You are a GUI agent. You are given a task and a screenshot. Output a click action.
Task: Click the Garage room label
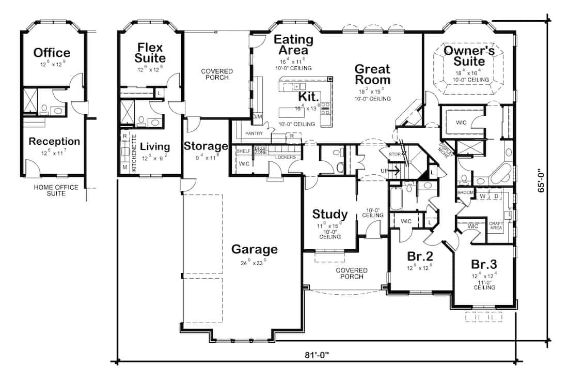coord(254,249)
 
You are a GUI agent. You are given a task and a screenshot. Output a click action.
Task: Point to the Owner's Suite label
coord(469,56)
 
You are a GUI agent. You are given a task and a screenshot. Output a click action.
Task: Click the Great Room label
coord(372,74)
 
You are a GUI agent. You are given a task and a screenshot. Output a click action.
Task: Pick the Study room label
coord(330,215)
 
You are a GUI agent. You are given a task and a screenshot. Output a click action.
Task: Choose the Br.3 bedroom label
coord(483,264)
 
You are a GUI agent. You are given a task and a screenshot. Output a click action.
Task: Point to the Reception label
coord(54,141)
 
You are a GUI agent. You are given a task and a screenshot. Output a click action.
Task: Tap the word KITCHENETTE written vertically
coord(134,153)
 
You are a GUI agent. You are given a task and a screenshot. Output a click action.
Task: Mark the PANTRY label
coord(254,133)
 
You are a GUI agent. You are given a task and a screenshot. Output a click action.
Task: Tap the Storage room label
coord(206,146)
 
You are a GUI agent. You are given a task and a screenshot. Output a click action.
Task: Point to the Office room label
coord(52,53)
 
